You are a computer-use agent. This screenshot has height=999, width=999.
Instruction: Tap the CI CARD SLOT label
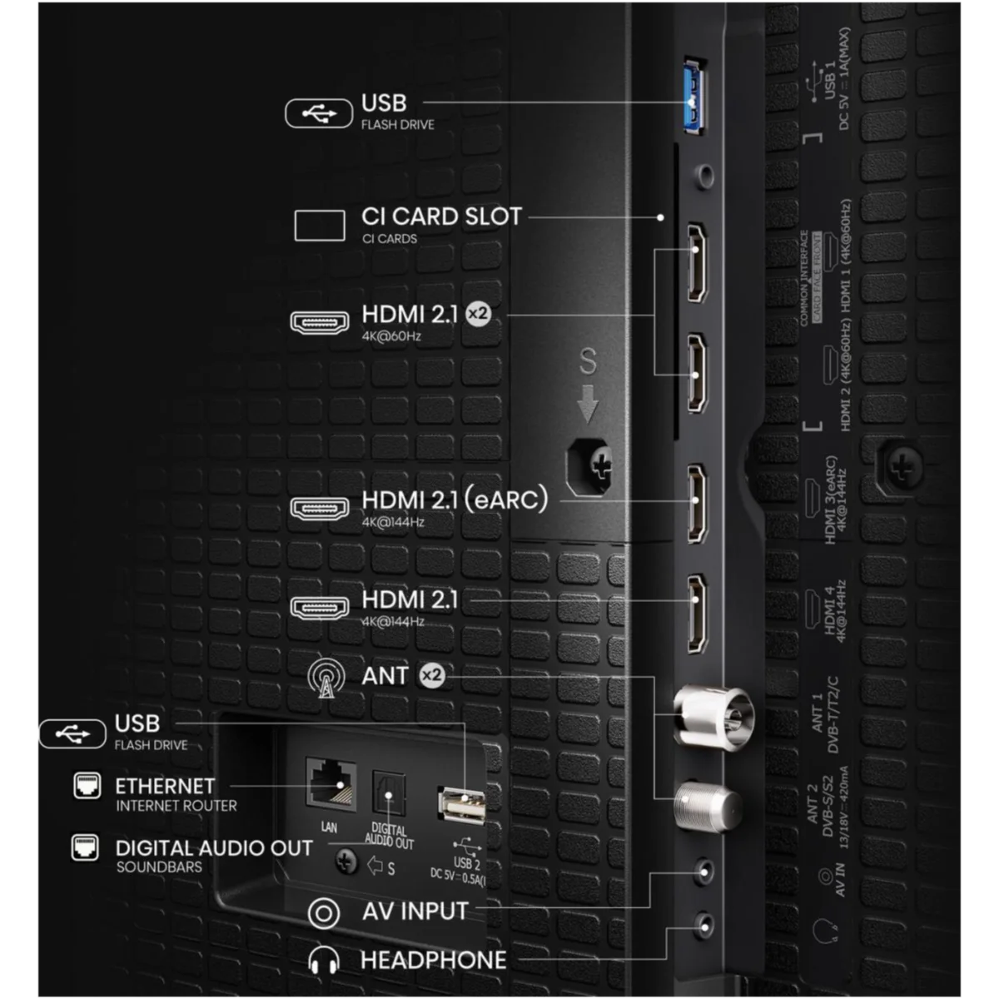[441, 216]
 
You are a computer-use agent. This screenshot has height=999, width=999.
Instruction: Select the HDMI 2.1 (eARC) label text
[455, 500]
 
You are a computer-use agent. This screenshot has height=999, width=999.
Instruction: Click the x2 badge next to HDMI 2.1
[477, 314]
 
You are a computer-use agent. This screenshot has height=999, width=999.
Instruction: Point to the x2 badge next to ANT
[431, 675]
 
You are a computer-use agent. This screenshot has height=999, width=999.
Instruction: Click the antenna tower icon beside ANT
[326, 678]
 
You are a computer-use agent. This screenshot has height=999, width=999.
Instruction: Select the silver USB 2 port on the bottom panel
[461, 805]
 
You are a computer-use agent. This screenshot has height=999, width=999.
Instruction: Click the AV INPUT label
[415, 911]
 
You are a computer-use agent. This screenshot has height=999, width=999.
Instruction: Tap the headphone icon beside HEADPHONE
[323, 961]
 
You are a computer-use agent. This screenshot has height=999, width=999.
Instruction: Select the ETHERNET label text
[165, 786]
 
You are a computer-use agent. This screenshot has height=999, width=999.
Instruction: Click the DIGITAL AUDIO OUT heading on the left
[214, 848]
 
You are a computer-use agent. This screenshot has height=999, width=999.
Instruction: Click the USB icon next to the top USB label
[318, 113]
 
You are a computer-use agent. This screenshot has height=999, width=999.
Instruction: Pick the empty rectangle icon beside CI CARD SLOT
[320, 225]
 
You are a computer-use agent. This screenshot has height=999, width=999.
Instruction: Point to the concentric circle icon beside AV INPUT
[323, 913]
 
